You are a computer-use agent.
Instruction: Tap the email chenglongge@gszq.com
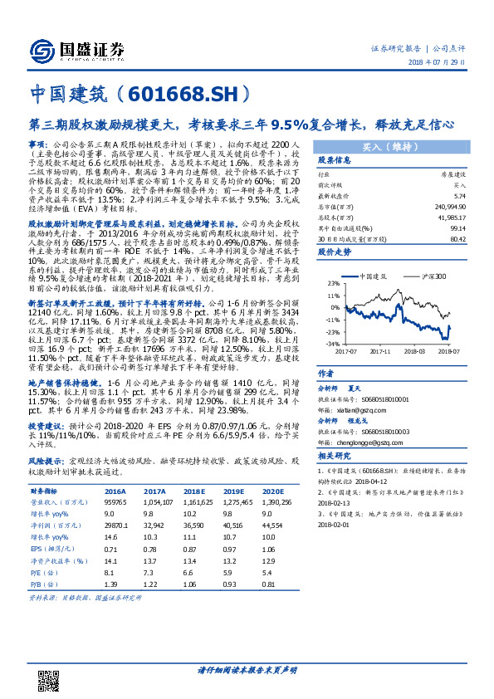coord(359,443)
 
